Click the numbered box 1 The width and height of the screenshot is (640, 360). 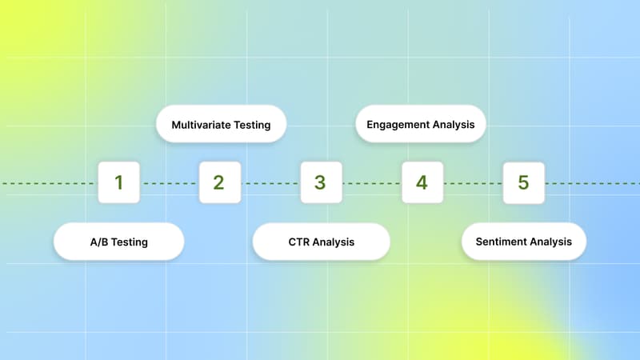tap(118, 182)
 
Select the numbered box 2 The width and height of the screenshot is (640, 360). tap(219, 182)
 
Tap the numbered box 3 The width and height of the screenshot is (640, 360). tap(321, 182)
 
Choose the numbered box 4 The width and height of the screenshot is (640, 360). tap(422, 182)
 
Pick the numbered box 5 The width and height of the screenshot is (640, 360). tap(523, 182)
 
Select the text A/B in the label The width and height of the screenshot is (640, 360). tap(100, 242)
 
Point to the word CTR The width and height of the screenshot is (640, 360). tap(299, 242)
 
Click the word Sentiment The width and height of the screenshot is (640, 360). tap(501, 242)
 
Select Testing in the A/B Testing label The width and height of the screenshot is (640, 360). tap(130, 242)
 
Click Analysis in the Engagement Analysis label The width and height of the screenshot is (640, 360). tap(455, 125)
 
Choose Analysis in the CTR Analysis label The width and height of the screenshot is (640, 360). tap(334, 242)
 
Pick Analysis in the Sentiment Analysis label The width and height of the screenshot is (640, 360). tap(551, 242)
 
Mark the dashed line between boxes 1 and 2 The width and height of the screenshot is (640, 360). tap(169, 183)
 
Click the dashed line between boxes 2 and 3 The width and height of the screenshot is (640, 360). tap(270, 183)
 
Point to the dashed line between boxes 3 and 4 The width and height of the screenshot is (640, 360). tap(371, 183)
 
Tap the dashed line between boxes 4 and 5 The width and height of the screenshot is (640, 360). tap(473, 183)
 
